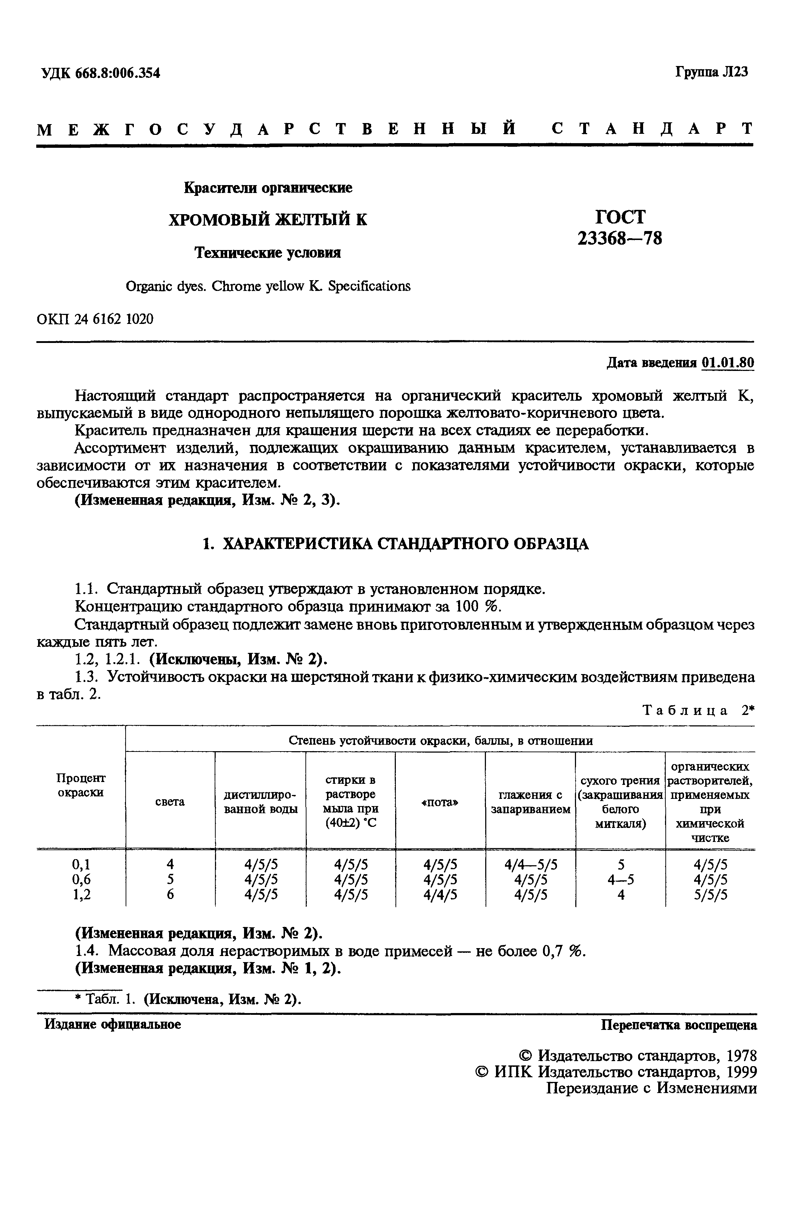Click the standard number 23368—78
pyautogui.click(x=619, y=238)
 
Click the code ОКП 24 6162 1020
pyautogui.click(x=95, y=319)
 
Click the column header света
pyautogui.click(x=170, y=801)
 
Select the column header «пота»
pyautogui.click(x=440, y=802)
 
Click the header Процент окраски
pyautogui.click(x=81, y=785)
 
